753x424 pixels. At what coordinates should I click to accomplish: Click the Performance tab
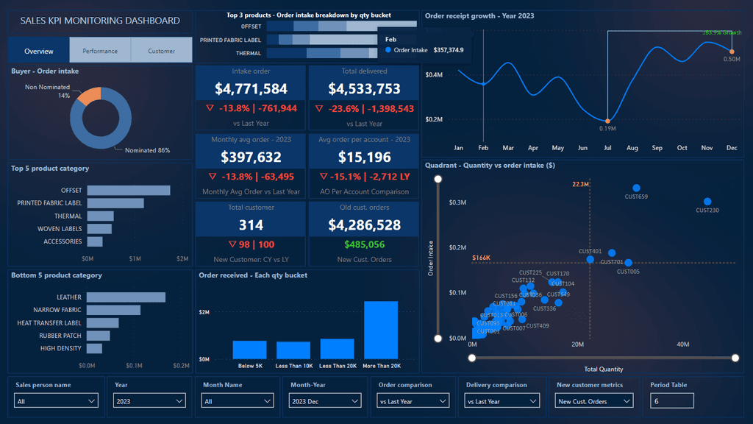point(100,51)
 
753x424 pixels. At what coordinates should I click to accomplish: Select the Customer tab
point(161,51)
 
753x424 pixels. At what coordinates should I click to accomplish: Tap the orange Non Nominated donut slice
point(89,96)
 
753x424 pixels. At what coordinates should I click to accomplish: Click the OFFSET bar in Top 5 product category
point(128,191)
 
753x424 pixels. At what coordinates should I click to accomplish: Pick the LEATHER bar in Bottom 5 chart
point(126,297)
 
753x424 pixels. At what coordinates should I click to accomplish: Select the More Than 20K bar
point(381,330)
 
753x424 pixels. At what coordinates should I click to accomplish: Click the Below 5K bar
point(249,350)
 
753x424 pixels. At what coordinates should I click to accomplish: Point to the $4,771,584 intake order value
point(251,89)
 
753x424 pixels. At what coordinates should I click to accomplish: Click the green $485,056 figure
point(364,244)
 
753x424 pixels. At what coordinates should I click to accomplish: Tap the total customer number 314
point(251,225)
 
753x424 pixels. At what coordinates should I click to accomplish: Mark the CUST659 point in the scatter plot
point(636,188)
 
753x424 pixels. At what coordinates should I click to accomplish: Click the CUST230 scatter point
point(707,202)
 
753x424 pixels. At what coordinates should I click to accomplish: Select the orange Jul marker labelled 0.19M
point(607,121)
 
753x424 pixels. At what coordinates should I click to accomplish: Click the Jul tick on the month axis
point(607,148)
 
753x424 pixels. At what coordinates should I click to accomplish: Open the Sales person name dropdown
point(56,401)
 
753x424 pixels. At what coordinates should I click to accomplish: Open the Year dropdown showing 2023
point(150,401)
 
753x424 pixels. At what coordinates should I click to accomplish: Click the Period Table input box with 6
point(671,400)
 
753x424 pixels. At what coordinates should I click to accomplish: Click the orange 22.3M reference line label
point(580,184)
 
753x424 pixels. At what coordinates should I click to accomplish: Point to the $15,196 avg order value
point(364,157)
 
